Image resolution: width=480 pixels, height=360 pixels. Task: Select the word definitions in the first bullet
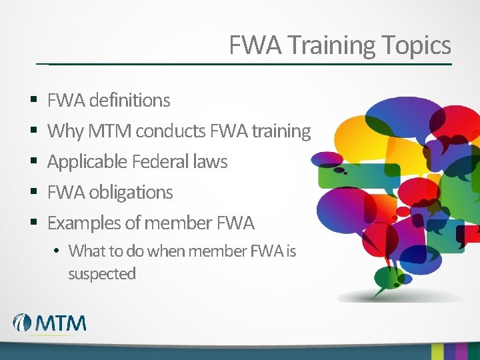tap(129, 100)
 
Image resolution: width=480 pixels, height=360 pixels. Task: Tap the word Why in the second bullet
tap(65, 131)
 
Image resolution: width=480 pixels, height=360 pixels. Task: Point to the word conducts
tap(171, 131)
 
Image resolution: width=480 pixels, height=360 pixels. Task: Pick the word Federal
tap(161, 161)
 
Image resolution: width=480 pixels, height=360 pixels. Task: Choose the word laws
tap(210, 161)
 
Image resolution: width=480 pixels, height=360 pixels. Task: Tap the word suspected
tap(102, 274)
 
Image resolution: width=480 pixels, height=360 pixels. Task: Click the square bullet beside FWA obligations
tap(34, 191)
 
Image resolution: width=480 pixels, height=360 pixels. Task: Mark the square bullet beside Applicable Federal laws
tap(34, 161)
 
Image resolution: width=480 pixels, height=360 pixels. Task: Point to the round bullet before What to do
tap(56, 251)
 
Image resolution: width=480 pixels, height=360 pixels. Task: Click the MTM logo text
tap(60, 323)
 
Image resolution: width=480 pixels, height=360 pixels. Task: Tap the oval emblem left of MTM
tap(22, 323)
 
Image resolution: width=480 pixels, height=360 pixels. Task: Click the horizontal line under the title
tap(244, 64)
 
